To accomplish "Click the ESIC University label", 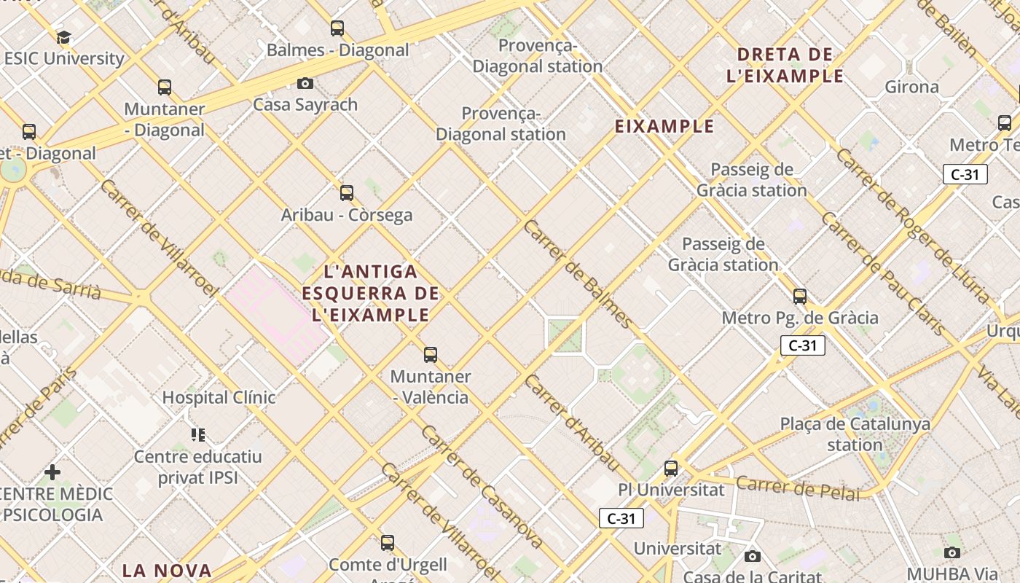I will tap(64, 58).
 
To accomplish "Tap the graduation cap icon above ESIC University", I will tap(63, 37).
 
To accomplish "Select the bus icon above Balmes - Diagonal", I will tap(337, 28).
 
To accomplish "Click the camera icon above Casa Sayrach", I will tap(305, 83).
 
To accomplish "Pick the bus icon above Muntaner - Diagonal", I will tap(165, 87).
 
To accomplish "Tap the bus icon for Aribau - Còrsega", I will tap(347, 193).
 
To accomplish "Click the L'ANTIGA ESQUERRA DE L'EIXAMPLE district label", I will tap(371, 294).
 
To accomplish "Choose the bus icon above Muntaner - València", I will tap(431, 355).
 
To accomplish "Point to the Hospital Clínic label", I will tap(219, 397).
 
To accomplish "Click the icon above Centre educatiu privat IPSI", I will tap(198, 435).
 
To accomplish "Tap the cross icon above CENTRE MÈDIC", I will tap(52, 472).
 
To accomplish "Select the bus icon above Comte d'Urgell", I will tap(388, 543).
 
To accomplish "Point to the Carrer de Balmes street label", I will tap(578, 273).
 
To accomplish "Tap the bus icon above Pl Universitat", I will tap(671, 469).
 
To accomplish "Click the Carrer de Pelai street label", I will tap(798, 488).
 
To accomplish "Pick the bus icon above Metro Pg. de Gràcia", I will tap(800, 297).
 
